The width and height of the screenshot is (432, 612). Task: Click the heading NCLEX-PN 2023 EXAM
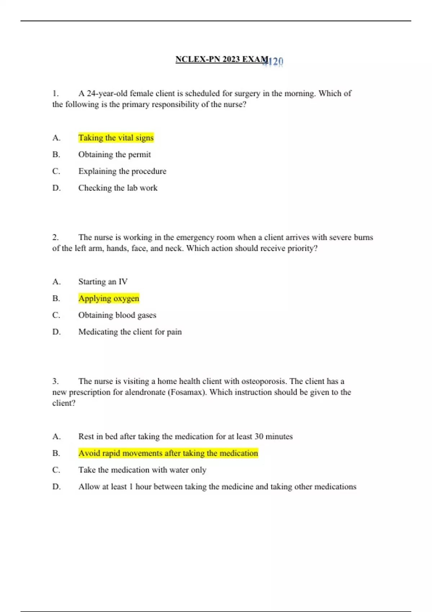click(x=221, y=59)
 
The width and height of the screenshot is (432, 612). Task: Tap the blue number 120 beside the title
click(x=275, y=62)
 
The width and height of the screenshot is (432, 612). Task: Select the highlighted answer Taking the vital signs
click(x=116, y=138)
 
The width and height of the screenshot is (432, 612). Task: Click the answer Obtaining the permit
click(x=114, y=154)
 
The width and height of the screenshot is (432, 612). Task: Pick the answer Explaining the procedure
click(x=122, y=171)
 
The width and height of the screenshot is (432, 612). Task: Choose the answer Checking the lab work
click(x=118, y=188)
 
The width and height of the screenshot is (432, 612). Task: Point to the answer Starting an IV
click(x=103, y=282)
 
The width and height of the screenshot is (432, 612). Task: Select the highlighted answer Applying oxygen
click(x=109, y=298)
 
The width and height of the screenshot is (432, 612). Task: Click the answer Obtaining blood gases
click(x=117, y=315)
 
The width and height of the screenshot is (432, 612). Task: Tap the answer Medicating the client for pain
click(x=130, y=332)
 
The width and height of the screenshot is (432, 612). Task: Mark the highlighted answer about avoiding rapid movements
click(x=168, y=453)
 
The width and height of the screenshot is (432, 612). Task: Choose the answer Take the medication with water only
click(x=142, y=470)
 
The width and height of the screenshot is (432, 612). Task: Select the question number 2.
click(x=55, y=238)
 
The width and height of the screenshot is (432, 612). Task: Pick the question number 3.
click(x=55, y=381)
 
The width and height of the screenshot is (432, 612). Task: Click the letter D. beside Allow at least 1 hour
click(x=57, y=487)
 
